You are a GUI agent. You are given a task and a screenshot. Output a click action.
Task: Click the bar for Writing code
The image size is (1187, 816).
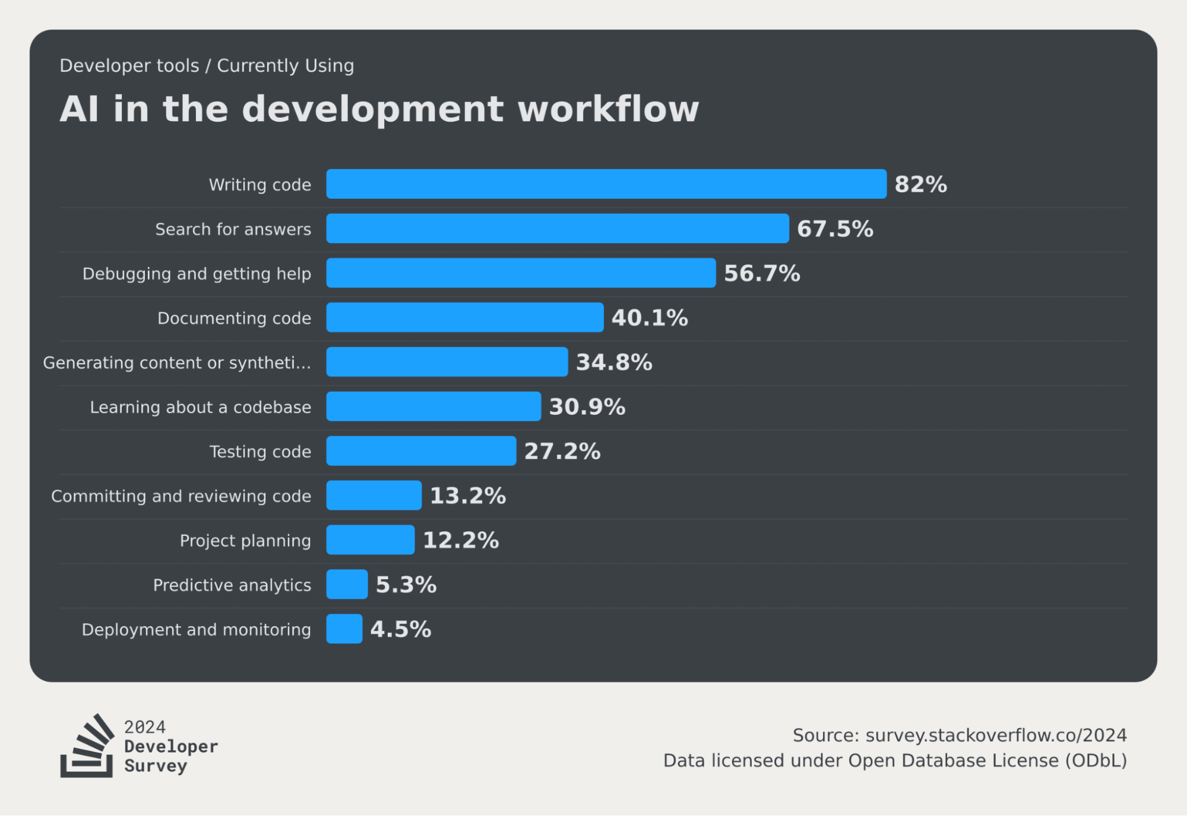(x=606, y=184)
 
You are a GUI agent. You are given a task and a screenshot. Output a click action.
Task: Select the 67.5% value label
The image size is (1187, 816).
(x=834, y=229)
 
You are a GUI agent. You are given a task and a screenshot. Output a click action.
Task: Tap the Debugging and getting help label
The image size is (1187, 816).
(x=197, y=274)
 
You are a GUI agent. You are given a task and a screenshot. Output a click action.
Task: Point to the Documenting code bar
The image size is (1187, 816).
(x=464, y=317)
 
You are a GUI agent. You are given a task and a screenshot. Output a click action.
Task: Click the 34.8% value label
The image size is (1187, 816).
(x=614, y=362)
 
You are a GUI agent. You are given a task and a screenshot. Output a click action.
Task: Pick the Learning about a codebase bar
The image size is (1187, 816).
(x=433, y=407)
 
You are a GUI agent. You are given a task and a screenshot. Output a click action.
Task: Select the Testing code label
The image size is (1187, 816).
(x=260, y=452)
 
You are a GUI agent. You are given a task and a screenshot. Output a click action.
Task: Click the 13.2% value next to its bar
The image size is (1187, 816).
(x=467, y=496)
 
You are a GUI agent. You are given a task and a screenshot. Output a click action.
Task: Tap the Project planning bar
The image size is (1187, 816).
(x=370, y=540)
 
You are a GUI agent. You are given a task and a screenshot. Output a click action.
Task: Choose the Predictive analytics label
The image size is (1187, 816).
(x=232, y=585)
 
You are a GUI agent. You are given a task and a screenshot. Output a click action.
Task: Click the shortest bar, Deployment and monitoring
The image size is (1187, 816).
(x=344, y=629)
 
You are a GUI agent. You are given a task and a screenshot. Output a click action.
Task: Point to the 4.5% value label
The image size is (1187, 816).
(x=400, y=629)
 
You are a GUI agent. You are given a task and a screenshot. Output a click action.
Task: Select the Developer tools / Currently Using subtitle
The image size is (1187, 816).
(x=207, y=65)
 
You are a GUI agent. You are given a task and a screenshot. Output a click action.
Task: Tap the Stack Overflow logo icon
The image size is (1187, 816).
(x=87, y=746)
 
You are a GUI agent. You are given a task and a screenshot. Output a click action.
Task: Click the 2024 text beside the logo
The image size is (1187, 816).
(x=145, y=727)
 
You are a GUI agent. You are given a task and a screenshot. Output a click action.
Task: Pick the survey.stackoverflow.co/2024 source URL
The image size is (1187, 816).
(x=996, y=735)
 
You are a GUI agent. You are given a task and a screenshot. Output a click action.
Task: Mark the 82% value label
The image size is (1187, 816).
(x=920, y=184)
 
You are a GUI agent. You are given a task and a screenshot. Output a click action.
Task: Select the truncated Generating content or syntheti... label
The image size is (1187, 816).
(x=177, y=363)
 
